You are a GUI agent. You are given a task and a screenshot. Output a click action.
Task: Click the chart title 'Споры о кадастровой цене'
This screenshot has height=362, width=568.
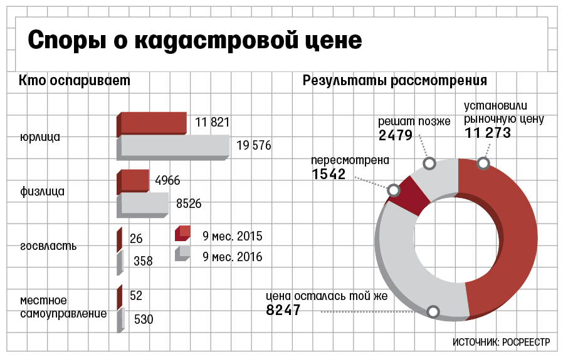pyautogui.click(x=195, y=41)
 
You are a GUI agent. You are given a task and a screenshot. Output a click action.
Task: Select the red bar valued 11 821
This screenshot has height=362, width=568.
pyautogui.click(x=154, y=123)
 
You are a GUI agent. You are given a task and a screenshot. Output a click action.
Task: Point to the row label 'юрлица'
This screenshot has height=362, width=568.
pyautogui.click(x=40, y=136)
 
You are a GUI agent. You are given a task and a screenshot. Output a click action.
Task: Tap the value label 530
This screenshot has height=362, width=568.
pyautogui.click(x=144, y=319)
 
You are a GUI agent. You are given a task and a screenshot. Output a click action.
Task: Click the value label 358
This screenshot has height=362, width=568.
pyautogui.click(x=143, y=261)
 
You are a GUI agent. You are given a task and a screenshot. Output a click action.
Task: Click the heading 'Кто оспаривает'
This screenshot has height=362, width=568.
pyautogui.click(x=75, y=81)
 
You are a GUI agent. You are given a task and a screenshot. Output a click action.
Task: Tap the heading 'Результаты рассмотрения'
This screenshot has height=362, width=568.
pyautogui.click(x=395, y=81)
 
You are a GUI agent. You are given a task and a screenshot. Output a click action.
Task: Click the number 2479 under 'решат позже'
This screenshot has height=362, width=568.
pyautogui.click(x=395, y=135)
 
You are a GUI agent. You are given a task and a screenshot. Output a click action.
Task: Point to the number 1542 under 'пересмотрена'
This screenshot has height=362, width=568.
pyautogui.click(x=329, y=174)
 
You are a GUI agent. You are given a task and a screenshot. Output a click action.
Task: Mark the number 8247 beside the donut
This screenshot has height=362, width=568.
pyautogui.click(x=283, y=310)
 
